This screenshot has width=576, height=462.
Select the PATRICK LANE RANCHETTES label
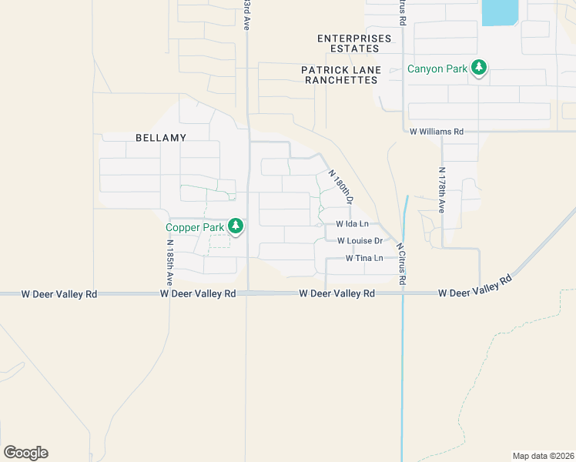341,75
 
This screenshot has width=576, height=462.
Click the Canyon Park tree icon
479,69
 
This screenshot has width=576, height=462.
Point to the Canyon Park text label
437,69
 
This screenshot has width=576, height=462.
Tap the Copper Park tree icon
236,226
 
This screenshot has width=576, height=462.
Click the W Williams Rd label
437,132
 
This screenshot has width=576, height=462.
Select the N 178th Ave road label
441,190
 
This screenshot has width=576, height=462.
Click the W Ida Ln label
353,224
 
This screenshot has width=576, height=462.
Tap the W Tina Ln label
364,258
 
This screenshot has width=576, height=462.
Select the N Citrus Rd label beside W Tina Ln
400,265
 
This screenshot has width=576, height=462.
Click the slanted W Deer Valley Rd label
475,286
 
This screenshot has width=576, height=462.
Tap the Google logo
25,453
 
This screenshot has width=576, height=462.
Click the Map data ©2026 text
543,456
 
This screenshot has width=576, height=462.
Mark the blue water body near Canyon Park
499,12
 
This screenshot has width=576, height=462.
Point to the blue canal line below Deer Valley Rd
402,370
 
